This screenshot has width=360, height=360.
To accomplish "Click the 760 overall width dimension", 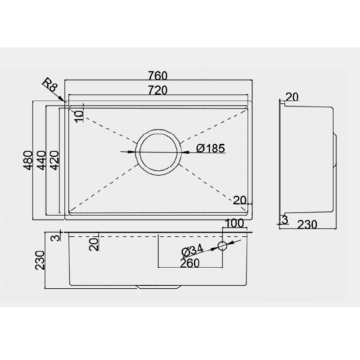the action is (x=158, y=75).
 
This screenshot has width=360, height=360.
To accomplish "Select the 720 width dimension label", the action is (x=158, y=90).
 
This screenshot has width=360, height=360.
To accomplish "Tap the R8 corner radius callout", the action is (x=50, y=85).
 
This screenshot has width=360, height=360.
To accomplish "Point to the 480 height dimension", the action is (x=29, y=160).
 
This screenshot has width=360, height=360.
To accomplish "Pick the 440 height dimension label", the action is (x=41, y=160).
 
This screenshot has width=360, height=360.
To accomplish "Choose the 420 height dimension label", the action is (x=55, y=160).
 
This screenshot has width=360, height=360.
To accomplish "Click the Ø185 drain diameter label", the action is (x=211, y=148).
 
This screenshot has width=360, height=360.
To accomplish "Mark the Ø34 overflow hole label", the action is (x=193, y=251).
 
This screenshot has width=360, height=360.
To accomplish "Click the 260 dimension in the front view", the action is (x=190, y=263).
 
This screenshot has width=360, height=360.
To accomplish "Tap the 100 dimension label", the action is (x=235, y=223).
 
